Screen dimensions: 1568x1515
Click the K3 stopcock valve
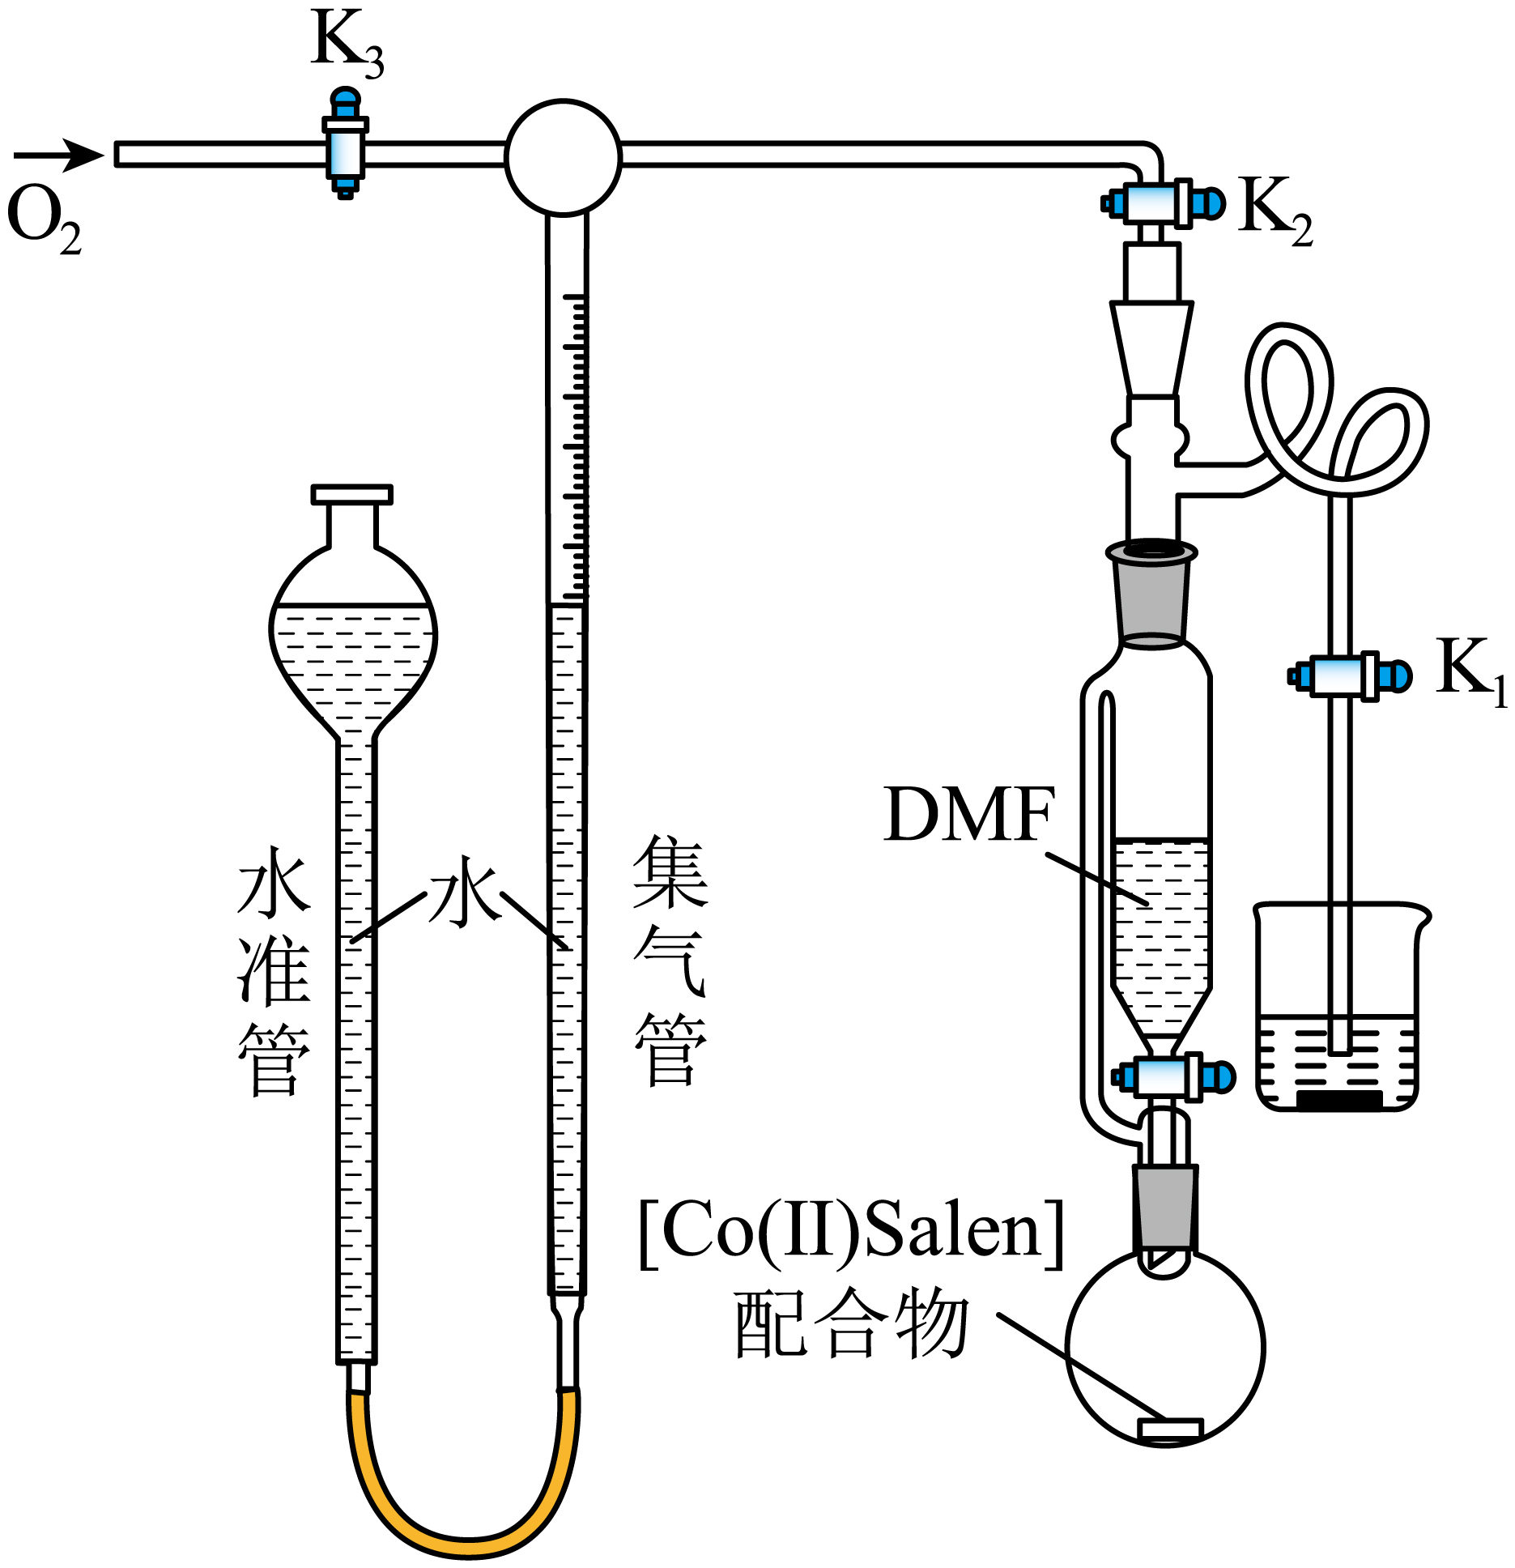(345, 146)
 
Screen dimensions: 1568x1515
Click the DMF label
(968, 815)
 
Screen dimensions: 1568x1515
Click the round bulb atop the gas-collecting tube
(563, 157)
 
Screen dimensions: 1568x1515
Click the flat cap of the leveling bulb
(351, 494)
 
